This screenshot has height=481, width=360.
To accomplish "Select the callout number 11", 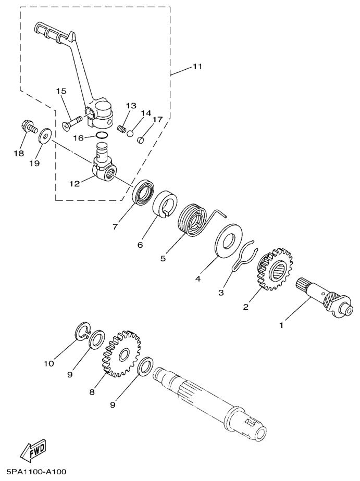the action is [197, 66].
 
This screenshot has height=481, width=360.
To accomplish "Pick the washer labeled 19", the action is [45, 135].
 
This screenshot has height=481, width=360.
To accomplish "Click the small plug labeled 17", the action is [141, 141].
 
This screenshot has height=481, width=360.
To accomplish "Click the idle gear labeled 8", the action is [121, 353].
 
